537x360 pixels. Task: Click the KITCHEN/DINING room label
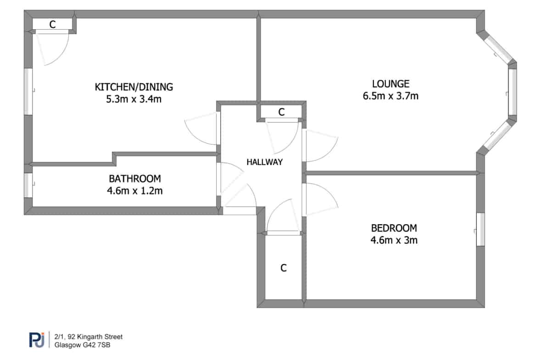click(x=134, y=87)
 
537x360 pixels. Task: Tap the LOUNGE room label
click(x=391, y=84)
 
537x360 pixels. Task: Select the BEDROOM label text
click(x=394, y=228)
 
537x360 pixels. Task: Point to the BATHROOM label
click(x=134, y=179)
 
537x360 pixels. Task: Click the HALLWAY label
click(x=265, y=162)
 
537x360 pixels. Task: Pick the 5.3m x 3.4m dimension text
click(x=134, y=99)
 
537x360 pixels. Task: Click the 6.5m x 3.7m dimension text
click(x=391, y=96)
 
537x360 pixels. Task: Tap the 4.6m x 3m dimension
click(x=394, y=240)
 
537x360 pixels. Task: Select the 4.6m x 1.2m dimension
click(x=134, y=191)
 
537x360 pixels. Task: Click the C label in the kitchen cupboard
click(x=52, y=25)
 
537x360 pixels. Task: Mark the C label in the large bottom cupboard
click(x=283, y=268)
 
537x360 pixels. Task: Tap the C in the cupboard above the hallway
click(x=281, y=112)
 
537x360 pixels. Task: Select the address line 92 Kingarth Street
click(x=89, y=337)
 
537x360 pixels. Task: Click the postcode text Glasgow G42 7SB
click(x=82, y=345)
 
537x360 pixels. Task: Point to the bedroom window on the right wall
click(x=481, y=229)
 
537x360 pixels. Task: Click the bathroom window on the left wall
click(x=28, y=185)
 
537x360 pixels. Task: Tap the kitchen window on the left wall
click(x=28, y=91)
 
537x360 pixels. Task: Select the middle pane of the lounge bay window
click(x=512, y=91)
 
